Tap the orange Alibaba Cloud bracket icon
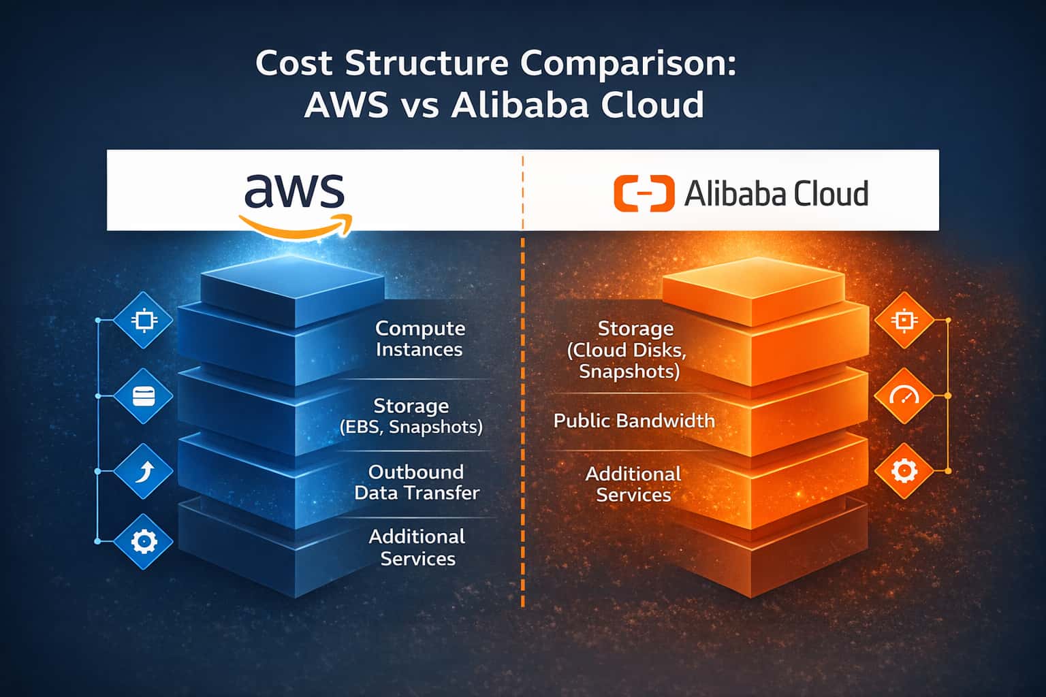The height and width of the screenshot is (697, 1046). (644, 193)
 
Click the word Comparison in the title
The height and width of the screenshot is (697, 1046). (629, 63)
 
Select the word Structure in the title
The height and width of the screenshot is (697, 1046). (426, 63)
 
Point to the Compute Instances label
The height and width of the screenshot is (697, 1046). (419, 338)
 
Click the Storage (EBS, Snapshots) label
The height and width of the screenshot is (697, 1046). (411, 416)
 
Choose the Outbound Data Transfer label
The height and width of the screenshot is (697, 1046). (417, 482)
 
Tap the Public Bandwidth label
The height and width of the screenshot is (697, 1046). (634, 421)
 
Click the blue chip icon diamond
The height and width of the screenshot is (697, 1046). (144, 320)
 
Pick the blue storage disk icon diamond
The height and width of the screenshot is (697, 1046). (144, 396)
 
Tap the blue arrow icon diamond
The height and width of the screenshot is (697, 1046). (144, 471)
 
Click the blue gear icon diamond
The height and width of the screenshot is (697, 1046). (144, 541)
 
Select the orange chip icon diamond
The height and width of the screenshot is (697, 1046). (904, 320)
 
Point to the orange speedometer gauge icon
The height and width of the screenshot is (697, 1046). (904, 395)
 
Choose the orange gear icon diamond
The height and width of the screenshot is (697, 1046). (904, 470)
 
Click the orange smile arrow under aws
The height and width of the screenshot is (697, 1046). (296, 227)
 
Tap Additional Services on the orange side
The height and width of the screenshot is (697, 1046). (633, 484)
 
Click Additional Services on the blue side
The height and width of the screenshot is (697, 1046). (417, 547)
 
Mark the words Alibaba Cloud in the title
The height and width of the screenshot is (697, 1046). (577, 106)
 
